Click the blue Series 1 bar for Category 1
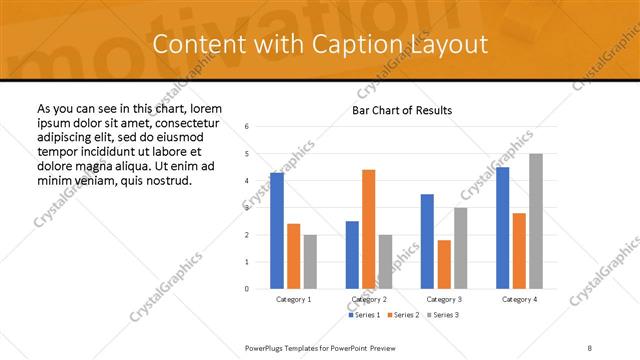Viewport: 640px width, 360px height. (277, 230)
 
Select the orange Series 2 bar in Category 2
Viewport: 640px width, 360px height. (368, 229)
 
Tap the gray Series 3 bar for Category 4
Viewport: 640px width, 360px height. (536, 221)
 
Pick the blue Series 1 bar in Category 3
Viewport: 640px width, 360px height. (427, 241)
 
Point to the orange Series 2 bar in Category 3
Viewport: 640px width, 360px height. (444, 264)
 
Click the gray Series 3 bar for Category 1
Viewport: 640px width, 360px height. (310, 261)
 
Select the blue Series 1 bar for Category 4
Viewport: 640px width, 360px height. (502, 227)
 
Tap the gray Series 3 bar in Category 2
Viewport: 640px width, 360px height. (385, 261)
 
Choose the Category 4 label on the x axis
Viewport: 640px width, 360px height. (519, 299)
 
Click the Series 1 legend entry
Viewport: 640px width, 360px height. (362, 315)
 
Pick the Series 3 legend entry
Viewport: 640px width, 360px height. (444, 315)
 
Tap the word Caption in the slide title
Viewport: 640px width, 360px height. (358, 45)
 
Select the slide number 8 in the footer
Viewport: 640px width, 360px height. (590, 347)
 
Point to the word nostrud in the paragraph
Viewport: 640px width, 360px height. (166, 180)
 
